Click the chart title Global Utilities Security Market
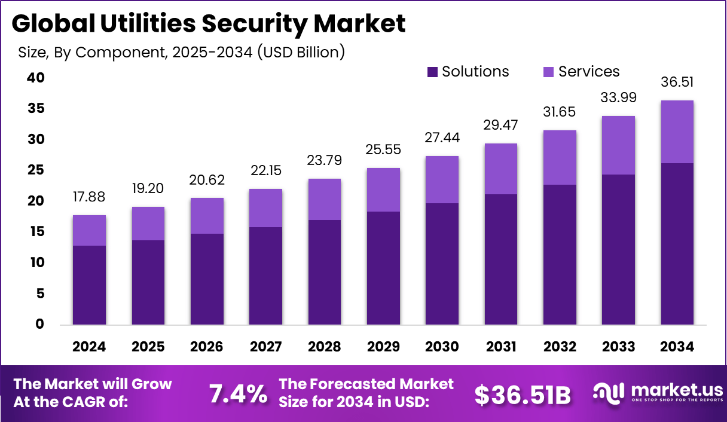pos(208,24)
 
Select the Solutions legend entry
pos(468,72)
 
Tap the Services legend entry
pos(581,72)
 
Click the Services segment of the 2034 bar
pos(677,132)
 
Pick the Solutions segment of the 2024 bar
pos(90,285)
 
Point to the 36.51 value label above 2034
pos(677,82)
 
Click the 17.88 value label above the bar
pos(90,197)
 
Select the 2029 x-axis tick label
pos(383,347)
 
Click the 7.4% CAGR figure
pos(238,394)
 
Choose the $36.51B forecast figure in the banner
pos(523,395)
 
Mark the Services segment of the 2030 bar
pos(442,179)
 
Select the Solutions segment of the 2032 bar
pos(560,255)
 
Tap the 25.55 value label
pos(383,150)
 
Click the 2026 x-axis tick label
pos(207,347)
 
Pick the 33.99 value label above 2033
pos(618,97)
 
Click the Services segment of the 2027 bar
pos(265,208)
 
